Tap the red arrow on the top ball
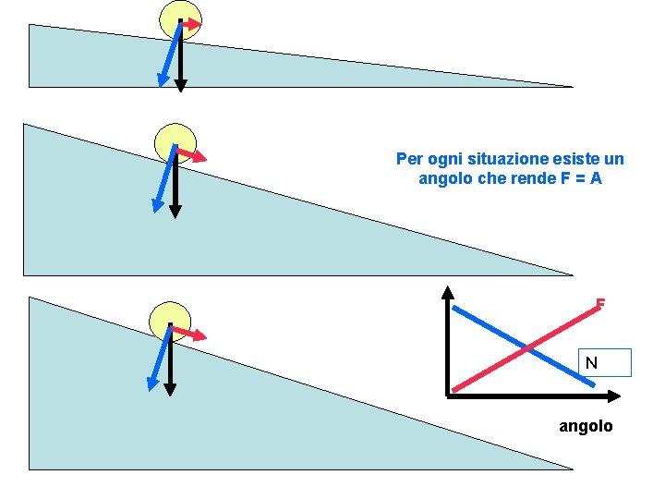pyautogui.click(x=191, y=24)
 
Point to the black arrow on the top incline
pyautogui.click(x=181, y=65)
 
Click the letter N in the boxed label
pyautogui.click(x=592, y=363)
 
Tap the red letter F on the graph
pyautogui.click(x=600, y=303)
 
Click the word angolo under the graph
pyautogui.click(x=586, y=426)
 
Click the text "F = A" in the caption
pyautogui.click(x=581, y=178)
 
